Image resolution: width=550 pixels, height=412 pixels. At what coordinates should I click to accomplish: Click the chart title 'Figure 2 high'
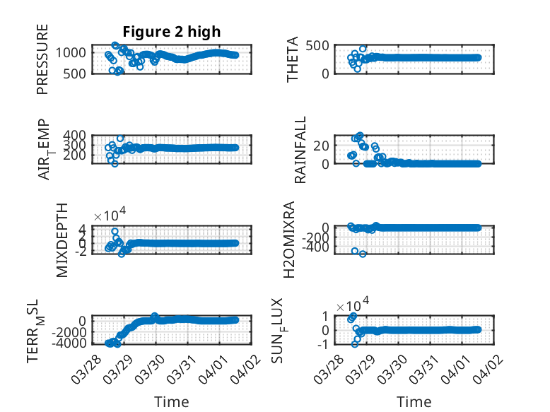172,31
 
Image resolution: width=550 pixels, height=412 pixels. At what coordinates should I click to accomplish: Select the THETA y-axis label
293,61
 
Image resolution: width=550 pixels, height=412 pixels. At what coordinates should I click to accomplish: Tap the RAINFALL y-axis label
300,150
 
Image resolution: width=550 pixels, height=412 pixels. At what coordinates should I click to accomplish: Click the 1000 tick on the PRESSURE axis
74,52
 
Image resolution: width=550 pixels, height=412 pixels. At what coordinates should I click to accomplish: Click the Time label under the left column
172,402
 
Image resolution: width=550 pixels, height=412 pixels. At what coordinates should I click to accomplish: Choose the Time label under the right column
414,402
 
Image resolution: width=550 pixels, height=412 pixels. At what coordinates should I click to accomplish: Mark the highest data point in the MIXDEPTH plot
115,231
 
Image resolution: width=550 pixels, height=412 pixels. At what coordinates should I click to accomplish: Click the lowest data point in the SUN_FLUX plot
355,344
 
